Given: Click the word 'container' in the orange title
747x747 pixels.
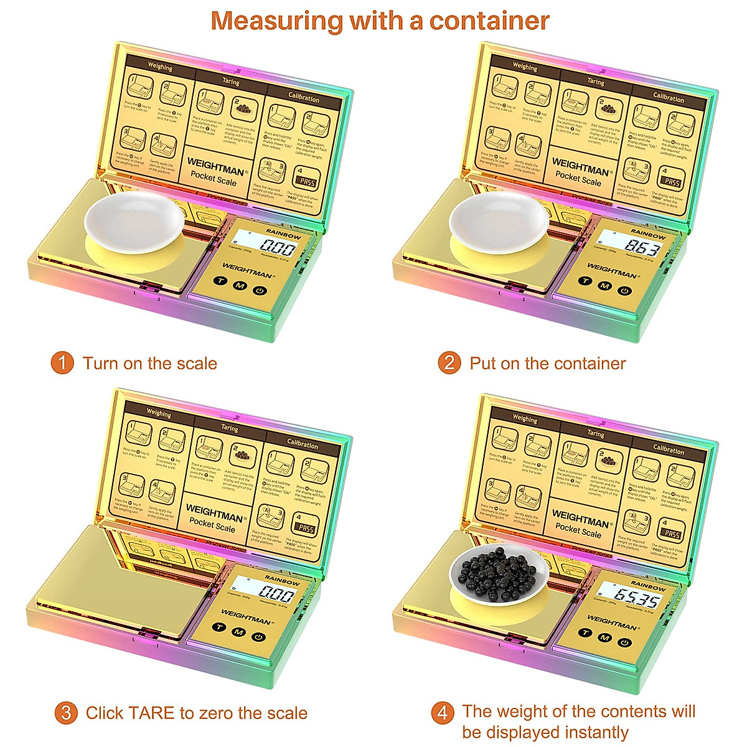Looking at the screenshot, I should pyautogui.click(x=489, y=21).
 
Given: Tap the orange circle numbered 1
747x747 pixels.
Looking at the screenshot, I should pyautogui.click(x=62, y=362).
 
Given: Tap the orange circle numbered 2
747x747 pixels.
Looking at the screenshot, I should pyautogui.click(x=449, y=362).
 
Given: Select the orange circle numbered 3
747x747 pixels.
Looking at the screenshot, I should pyautogui.click(x=66, y=713).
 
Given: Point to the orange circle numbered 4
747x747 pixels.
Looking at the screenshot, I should pyautogui.click(x=443, y=712).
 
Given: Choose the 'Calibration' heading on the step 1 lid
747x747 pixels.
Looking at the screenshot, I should pyautogui.click(x=304, y=98).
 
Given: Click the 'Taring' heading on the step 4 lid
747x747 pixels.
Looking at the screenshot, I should pyautogui.click(x=596, y=433).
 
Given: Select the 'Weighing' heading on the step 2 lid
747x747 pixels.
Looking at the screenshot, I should pyautogui.click(x=525, y=67).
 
